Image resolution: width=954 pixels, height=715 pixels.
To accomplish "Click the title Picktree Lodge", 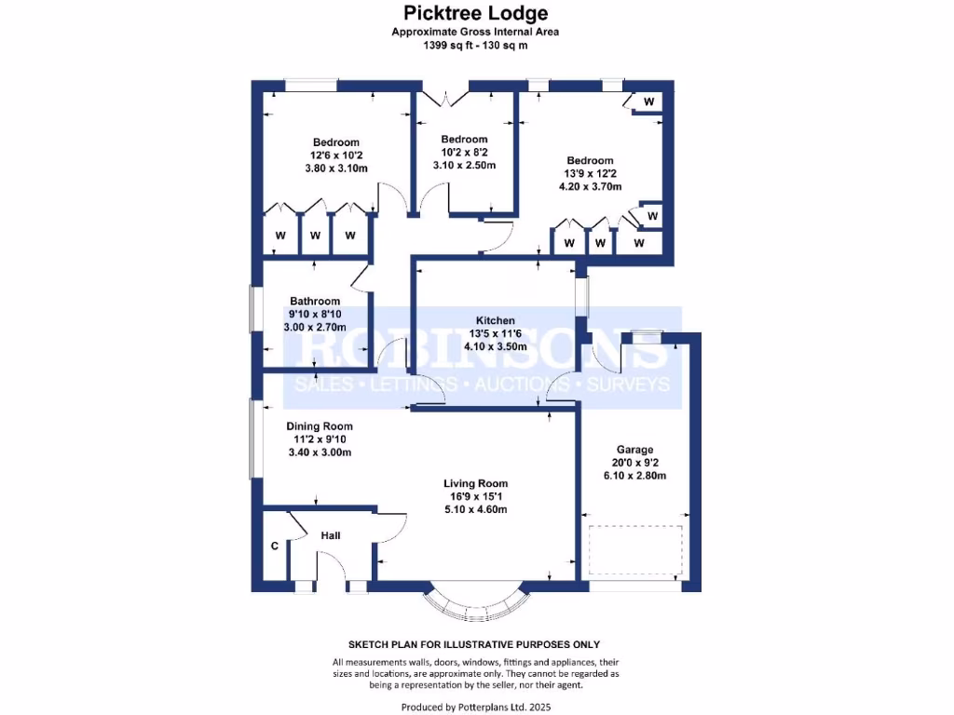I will coord(475,13).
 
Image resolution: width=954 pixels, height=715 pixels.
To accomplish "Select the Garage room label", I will coord(634,449).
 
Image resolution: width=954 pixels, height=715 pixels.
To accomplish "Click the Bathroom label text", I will coord(315,301).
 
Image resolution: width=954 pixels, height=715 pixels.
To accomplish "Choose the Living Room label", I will coord(475,483).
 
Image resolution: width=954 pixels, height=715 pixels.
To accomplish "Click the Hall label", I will coord(331,535).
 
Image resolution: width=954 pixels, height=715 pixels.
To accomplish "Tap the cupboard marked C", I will coord(275,546).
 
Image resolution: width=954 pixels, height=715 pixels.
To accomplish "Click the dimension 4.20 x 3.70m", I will coord(590,186).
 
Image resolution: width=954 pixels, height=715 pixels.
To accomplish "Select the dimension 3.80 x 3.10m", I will coord(336,169).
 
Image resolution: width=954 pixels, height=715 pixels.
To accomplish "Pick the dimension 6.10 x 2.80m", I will coord(634,475).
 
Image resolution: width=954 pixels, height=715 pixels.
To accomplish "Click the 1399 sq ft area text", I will coord(475,45).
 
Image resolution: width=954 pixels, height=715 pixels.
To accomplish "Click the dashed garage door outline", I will coord(636,551).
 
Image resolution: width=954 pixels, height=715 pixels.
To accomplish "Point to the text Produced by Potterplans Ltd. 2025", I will coord(475,707).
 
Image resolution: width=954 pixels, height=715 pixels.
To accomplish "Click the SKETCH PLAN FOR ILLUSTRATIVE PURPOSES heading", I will coord(474,644).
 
